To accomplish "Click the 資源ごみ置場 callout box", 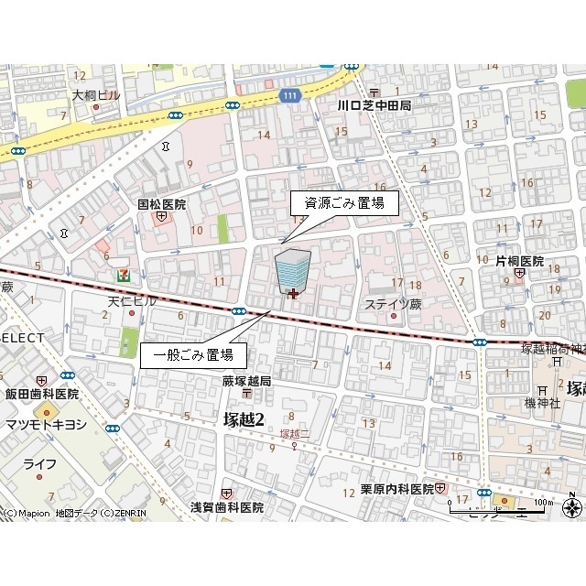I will click(x=344, y=203).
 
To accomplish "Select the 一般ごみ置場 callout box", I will click(x=192, y=354).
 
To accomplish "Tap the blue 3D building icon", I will click(x=292, y=270).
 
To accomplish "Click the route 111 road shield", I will click(x=289, y=96).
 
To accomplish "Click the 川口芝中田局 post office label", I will click(x=374, y=105).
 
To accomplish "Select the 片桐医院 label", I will click(x=519, y=261).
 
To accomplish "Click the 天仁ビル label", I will click(x=133, y=301).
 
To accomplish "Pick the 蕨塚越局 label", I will click(x=246, y=381).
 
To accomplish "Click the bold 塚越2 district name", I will click(x=244, y=419).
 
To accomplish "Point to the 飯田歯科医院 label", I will click(x=41, y=394).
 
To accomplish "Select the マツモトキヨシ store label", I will click(x=46, y=424).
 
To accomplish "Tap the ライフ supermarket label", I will click(x=40, y=464).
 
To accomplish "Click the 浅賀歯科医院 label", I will click(x=226, y=506).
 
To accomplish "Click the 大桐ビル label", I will click(x=96, y=94).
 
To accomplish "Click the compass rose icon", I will click(x=572, y=507).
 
